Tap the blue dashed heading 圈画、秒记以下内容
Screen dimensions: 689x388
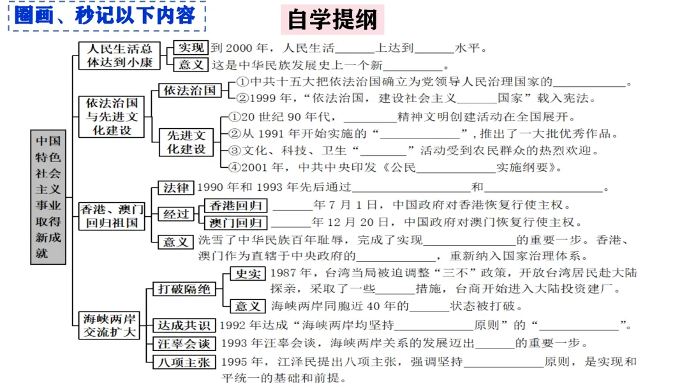[x=106, y=15]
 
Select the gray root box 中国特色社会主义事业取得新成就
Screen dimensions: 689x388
[x=48, y=197]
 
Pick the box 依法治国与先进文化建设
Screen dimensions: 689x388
[x=112, y=116]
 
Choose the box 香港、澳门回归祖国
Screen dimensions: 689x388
[x=112, y=216]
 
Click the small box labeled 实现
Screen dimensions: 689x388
[x=191, y=48]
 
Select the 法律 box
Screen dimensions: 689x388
[x=176, y=188]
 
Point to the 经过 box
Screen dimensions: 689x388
[x=176, y=214]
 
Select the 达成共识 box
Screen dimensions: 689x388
[x=184, y=325]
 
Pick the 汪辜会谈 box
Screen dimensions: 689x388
[x=184, y=343]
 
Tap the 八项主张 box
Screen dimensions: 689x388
[x=184, y=362]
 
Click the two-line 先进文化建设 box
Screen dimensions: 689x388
[x=186, y=142]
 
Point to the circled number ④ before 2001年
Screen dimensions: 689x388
[x=234, y=168]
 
